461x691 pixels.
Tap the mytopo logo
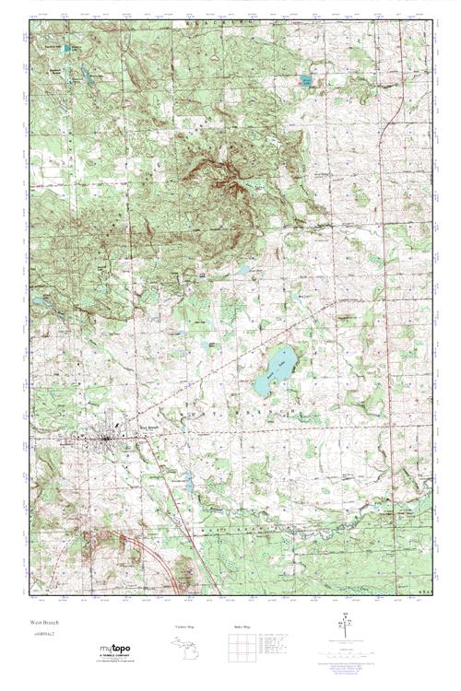tap(114, 650)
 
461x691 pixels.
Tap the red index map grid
tap(239, 646)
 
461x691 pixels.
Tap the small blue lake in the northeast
tap(306, 81)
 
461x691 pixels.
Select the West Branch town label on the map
tap(149, 427)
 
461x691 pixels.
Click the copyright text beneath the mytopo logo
tap(115, 664)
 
